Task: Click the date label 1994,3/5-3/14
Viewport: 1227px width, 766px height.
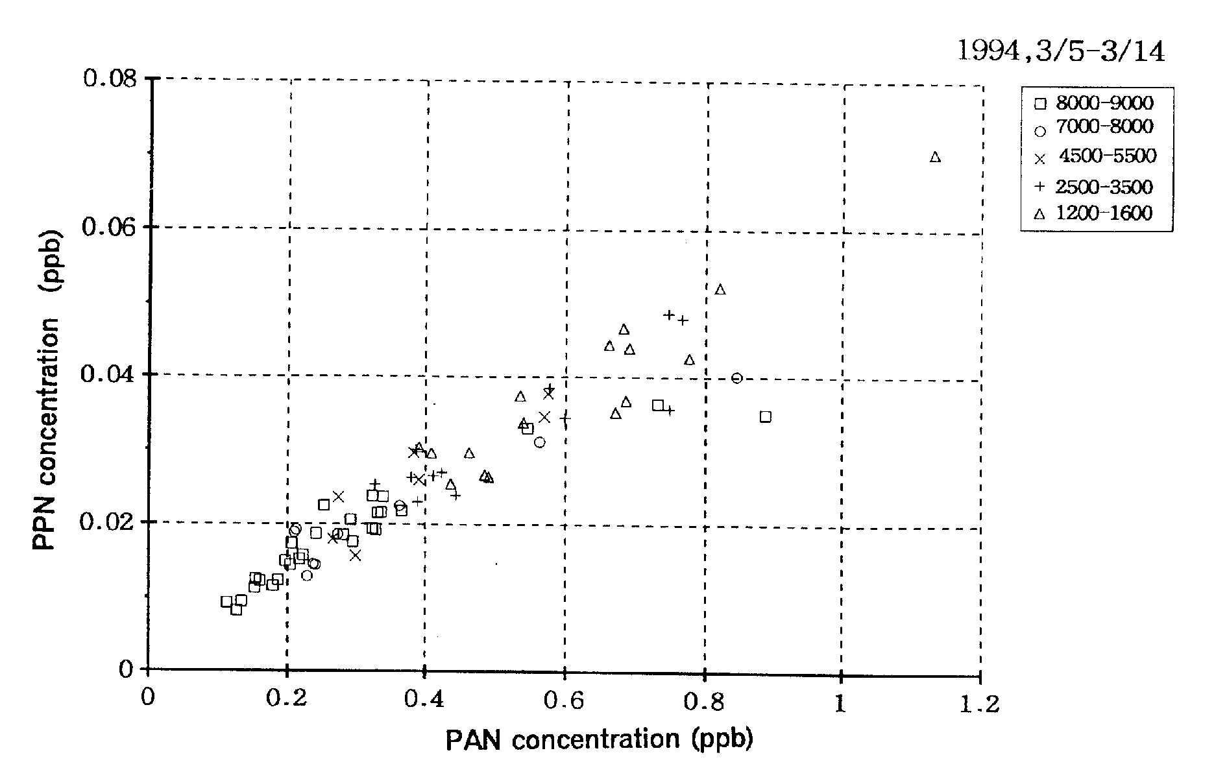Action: [x=1061, y=51]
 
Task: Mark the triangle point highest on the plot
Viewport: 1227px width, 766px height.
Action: [x=935, y=157]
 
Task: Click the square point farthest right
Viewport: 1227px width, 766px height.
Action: [x=766, y=416]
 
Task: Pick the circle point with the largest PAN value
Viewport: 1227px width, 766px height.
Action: [x=736, y=378]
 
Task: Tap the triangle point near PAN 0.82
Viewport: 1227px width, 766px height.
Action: [x=720, y=289]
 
